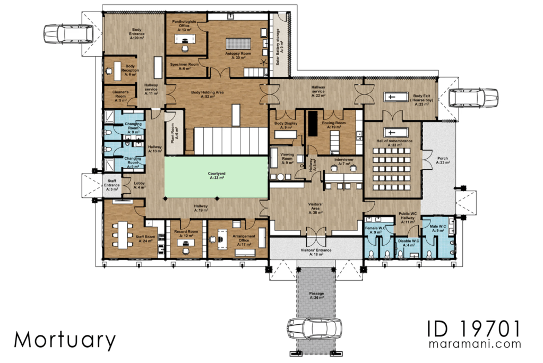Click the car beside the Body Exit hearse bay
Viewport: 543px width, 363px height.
474,98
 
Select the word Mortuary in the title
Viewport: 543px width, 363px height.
65,340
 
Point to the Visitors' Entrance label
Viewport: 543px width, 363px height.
316,253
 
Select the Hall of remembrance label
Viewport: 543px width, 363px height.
394,143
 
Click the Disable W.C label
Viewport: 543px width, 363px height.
408,243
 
